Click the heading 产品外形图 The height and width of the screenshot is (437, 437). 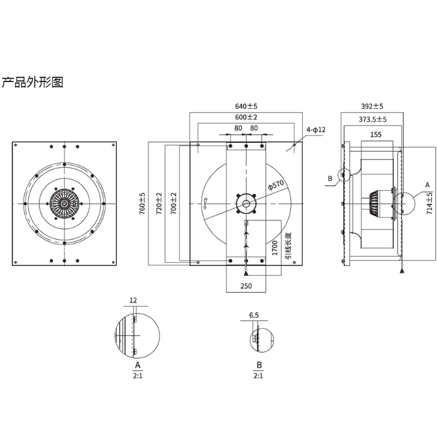pos(33,83)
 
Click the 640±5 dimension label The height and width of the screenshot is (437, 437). pos(246,106)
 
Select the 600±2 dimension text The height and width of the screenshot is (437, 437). pos(246,117)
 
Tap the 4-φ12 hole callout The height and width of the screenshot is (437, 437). pos(316,130)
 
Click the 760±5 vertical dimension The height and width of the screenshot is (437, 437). pos(143,203)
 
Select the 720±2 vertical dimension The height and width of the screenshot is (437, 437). pos(159,203)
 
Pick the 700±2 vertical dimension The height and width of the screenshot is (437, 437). pos(173,203)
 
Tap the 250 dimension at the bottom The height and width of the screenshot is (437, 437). pos(246,286)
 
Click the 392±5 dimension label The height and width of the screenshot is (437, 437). pos(372,106)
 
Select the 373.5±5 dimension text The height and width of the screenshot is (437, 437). pos(373,119)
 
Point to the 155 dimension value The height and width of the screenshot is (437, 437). pos(375,134)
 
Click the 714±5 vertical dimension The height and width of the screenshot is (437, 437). pos(429,203)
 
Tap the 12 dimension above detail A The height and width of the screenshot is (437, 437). pos(134,300)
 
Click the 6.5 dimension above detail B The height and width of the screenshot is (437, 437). pos(253,316)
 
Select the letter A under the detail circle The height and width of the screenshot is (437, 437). pos(138,364)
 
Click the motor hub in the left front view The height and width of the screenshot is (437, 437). pos(64,203)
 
